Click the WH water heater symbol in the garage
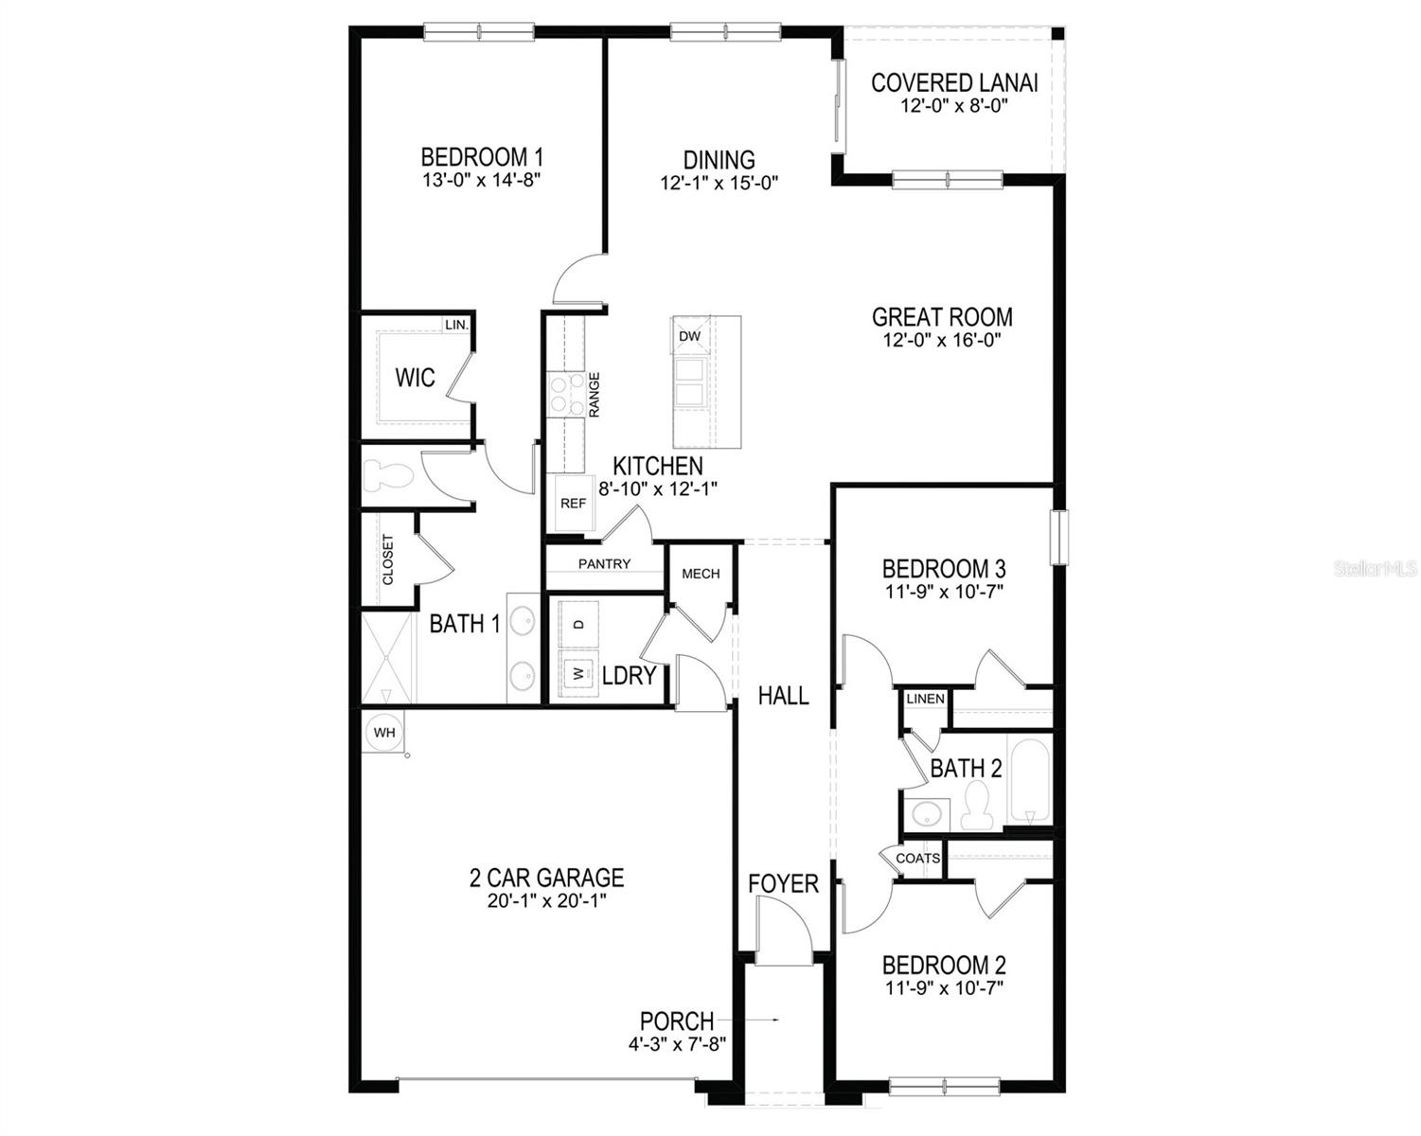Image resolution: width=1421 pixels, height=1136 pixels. pyautogui.click(x=383, y=732)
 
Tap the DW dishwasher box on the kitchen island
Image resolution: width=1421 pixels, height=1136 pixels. pyautogui.click(x=689, y=336)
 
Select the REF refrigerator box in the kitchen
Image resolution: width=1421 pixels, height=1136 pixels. pyautogui.click(x=573, y=504)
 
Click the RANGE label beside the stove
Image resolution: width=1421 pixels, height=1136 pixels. pyautogui.click(x=595, y=395)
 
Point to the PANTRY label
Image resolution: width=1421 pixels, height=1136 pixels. pyautogui.click(x=604, y=564)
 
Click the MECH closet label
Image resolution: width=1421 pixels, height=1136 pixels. pyautogui.click(x=701, y=574)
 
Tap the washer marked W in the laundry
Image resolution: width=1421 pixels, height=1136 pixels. pyautogui.click(x=576, y=674)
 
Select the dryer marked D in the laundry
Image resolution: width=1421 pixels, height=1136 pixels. pyautogui.click(x=579, y=624)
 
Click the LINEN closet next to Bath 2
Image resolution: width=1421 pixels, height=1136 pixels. pyautogui.click(x=925, y=699)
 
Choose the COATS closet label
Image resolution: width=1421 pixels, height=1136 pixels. pyautogui.click(x=917, y=859)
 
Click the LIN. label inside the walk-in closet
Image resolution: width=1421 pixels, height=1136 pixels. pyautogui.click(x=456, y=325)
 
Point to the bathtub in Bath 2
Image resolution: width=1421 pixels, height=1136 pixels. pyautogui.click(x=1029, y=781)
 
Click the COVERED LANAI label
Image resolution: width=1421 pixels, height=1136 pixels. pyautogui.click(x=954, y=83)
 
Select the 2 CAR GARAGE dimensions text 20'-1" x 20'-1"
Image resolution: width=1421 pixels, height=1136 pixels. pyautogui.click(x=547, y=900)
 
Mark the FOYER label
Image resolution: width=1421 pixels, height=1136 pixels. pyautogui.click(x=783, y=883)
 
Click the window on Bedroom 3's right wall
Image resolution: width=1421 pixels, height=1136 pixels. pyautogui.click(x=1059, y=537)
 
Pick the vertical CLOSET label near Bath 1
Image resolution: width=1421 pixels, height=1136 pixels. pyautogui.click(x=387, y=559)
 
